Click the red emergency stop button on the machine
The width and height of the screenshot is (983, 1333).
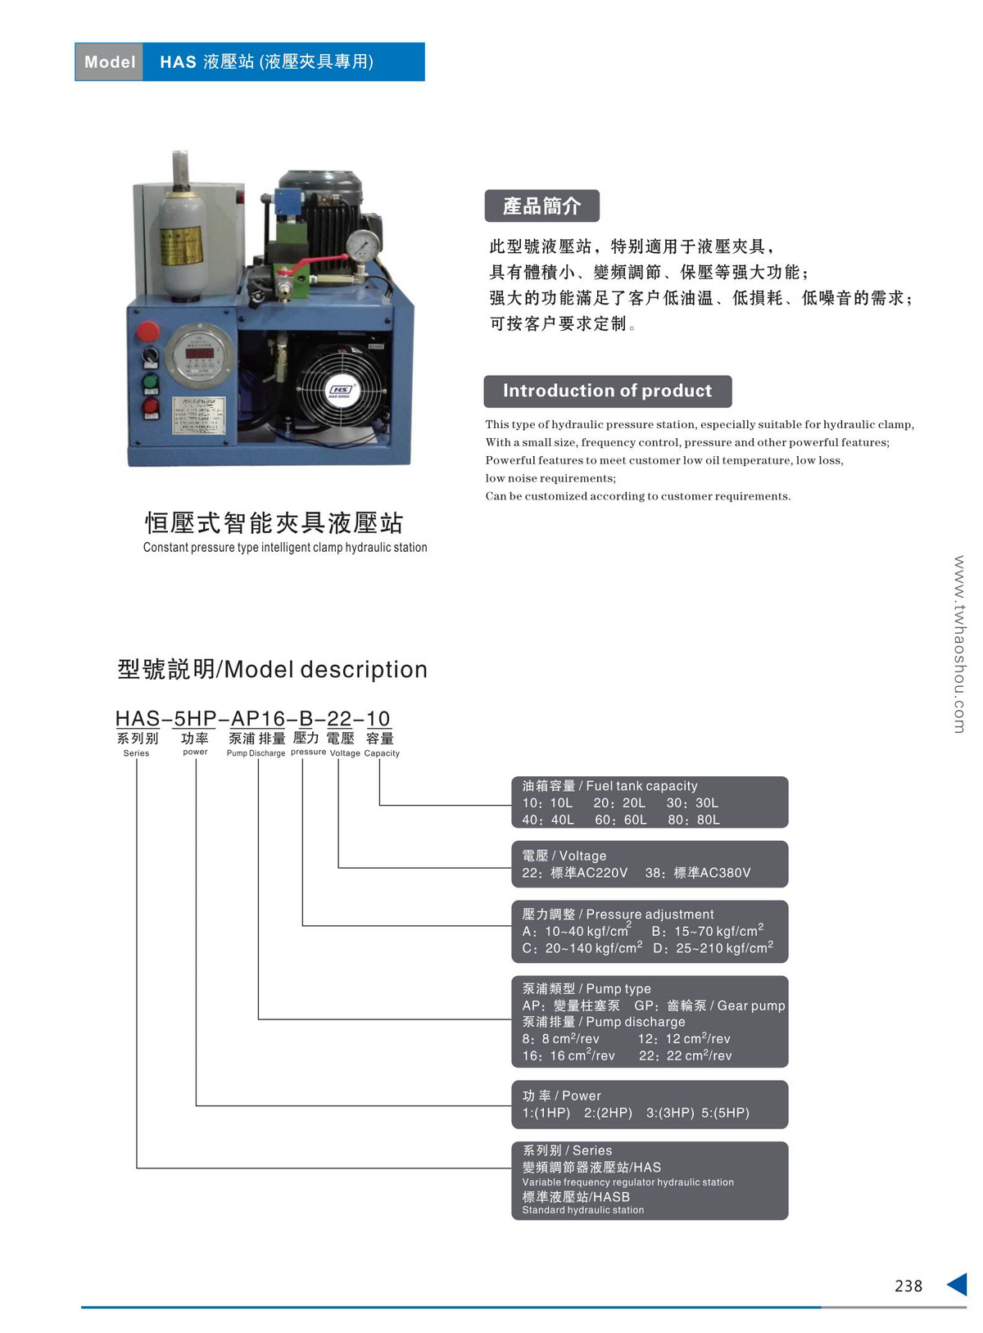coord(147,332)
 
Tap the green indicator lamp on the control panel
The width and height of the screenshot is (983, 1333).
coord(150,382)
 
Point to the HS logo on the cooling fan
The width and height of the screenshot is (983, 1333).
coord(340,390)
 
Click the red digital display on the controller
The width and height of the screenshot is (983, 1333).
coord(199,353)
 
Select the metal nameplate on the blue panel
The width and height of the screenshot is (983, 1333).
coord(198,417)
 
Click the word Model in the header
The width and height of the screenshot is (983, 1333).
coord(110,62)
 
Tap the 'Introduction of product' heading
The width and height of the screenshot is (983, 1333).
coord(607,391)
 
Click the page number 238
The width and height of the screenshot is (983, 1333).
coord(908,1286)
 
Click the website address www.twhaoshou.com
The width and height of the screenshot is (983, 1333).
coord(959,644)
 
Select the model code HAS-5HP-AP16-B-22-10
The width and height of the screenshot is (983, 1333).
coord(252,718)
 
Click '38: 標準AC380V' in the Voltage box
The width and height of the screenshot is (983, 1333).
coord(697,873)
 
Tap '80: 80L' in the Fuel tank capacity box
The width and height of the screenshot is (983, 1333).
coord(693,820)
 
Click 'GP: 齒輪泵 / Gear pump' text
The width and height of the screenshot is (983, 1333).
coord(709,1005)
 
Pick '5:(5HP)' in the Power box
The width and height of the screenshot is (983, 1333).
coord(725,1113)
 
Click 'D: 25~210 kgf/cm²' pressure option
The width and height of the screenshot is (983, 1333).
coord(713,948)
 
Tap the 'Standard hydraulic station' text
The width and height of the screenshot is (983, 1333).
coord(583,1210)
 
